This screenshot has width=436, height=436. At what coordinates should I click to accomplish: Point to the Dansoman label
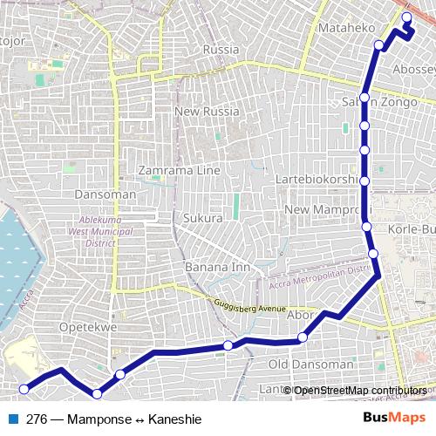(x=106, y=194)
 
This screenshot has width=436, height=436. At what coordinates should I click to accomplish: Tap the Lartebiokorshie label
(x=330, y=180)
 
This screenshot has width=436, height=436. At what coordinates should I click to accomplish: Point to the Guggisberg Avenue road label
(x=249, y=305)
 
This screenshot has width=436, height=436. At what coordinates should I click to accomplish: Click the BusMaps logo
(x=394, y=418)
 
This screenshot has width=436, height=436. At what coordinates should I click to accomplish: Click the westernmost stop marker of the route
(x=24, y=389)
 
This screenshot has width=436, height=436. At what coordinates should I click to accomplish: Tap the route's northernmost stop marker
(x=406, y=17)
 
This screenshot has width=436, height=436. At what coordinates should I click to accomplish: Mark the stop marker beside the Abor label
(x=303, y=337)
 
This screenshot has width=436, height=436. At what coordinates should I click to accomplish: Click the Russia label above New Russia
(x=220, y=50)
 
